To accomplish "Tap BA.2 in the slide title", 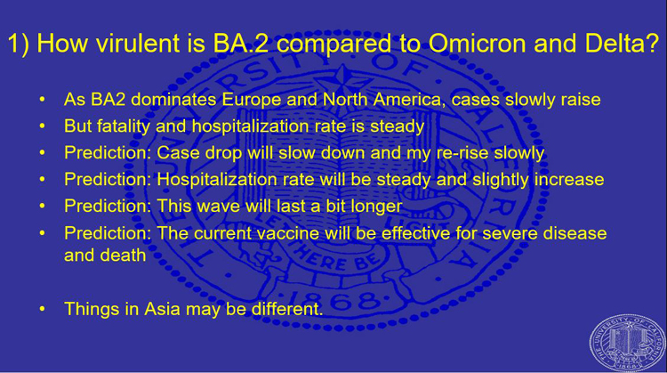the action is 241,43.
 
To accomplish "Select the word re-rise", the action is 462,153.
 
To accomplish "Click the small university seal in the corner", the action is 627,344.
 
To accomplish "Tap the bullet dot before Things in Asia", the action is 42,309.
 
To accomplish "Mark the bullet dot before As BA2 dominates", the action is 42,100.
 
